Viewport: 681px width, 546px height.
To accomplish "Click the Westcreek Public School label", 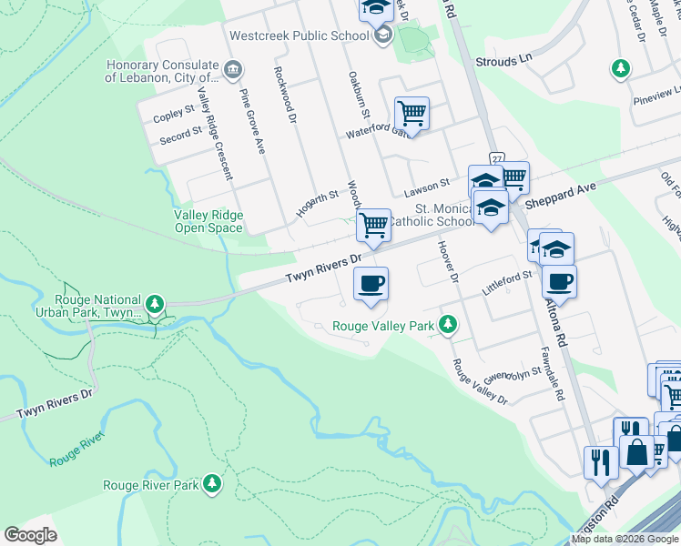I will (300, 35).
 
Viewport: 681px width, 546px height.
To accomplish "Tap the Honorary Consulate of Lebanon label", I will (162, 71).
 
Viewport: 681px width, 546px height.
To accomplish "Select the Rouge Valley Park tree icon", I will (447, 325).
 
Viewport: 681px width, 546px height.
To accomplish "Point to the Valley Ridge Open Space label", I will (208, 221).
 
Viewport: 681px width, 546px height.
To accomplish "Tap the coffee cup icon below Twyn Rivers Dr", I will (370, 285).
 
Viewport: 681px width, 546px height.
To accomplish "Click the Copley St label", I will (174, 114).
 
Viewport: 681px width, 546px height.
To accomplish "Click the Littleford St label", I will (506, 277).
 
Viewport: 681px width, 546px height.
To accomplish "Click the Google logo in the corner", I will (30, 534).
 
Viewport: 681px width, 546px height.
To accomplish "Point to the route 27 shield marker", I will (496, 157).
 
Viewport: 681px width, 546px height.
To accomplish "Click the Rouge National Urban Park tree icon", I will (156, 303).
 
